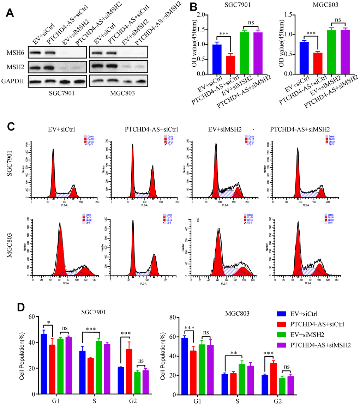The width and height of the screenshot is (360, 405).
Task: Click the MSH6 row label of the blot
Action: tap(15, 53)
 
